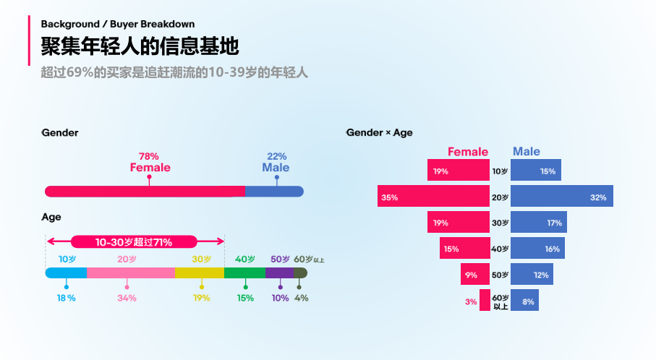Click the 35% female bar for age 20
[433, 197]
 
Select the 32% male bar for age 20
[562, 197]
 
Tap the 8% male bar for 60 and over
[524, 301]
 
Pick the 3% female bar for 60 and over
[485, 301]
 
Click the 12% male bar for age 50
[532, 275]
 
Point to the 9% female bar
[475, 275]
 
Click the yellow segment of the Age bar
[199, 273]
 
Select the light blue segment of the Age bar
[66, 273]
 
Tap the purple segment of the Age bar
[279, 273]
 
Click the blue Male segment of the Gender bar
[273, 191]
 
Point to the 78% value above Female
[148, 156]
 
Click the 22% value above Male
[276, 156]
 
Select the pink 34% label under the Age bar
[127, 298]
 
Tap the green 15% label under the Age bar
[245, 298]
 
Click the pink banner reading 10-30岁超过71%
[134, 242]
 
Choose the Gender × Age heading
[379, 133]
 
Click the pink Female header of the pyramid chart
[468, 152]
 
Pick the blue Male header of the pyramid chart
[526, 152]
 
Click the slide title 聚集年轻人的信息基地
[140, 47]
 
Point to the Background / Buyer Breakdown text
[117, 24]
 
